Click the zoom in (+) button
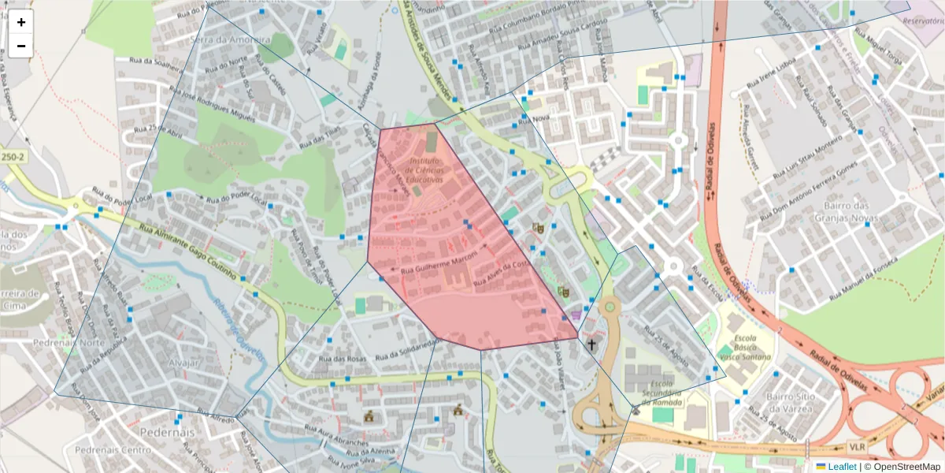pos(21,22)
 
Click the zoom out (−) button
pos(21,46)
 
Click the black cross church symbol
pos(591,345)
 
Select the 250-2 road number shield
pos(12,157)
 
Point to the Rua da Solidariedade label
pos(406,348)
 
